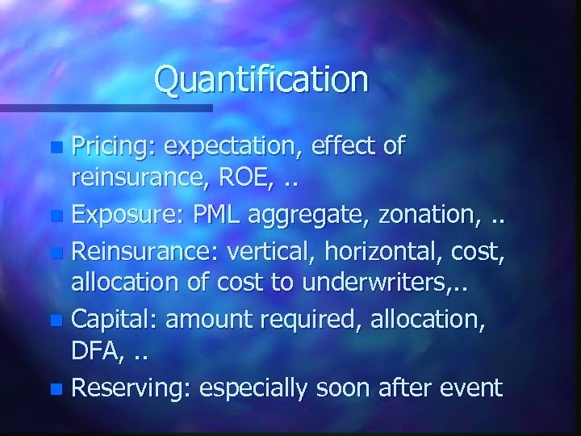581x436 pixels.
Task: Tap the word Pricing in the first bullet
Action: click(114, 147)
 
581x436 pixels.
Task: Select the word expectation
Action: click(229, 147)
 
